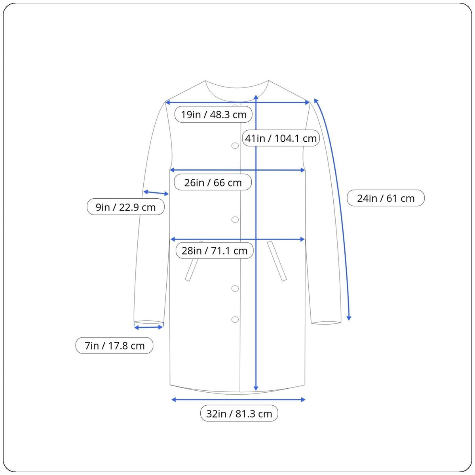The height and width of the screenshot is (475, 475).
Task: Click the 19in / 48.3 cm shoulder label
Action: tap(213, 114)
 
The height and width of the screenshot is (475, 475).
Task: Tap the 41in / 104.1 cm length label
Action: tap(281, 138)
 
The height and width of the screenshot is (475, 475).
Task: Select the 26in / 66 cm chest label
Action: tap(213, 182)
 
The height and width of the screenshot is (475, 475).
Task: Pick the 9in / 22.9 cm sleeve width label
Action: tap(125, 207)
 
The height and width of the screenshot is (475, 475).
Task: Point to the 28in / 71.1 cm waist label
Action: tap(215, 251)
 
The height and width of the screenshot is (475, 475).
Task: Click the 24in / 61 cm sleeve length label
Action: tap(386, 198)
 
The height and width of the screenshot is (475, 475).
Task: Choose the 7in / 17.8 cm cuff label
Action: tap(114, 346)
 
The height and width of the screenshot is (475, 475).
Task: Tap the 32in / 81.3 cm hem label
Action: tap(239, 414)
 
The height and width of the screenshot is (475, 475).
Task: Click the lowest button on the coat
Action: tap(235, 319)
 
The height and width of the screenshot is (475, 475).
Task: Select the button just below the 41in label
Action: tap(235, 146)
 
